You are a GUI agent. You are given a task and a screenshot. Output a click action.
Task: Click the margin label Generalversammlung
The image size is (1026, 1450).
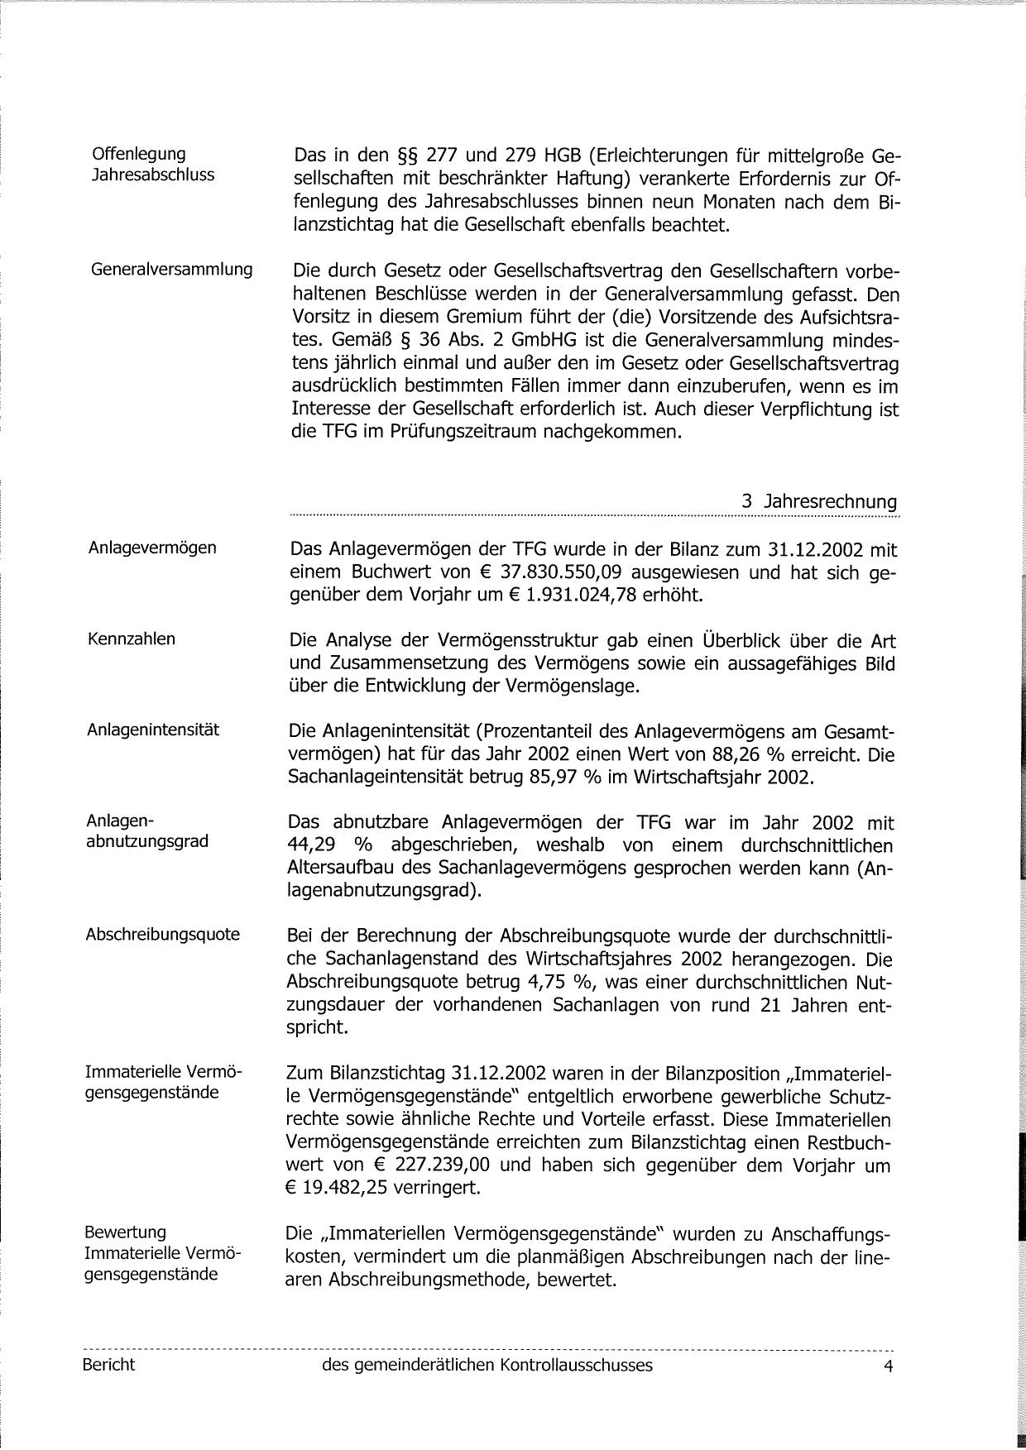point(171,270)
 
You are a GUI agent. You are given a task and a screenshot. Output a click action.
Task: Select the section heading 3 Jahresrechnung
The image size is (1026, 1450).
point(819,502)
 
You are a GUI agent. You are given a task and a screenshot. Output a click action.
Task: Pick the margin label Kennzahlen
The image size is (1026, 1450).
point(131,639)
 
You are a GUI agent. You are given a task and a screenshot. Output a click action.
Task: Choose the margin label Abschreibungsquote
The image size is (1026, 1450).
point(162,935)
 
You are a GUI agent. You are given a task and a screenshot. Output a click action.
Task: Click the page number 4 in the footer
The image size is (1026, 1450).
point(888,1366)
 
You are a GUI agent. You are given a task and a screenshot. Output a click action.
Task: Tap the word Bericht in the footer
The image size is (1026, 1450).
point(108,1365)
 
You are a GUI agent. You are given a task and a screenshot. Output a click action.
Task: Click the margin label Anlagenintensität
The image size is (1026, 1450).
point(153,730)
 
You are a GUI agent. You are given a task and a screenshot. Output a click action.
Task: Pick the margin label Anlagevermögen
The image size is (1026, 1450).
point(152,548)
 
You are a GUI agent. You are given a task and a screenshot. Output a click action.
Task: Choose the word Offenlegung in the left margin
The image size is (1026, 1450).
point(139,154)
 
